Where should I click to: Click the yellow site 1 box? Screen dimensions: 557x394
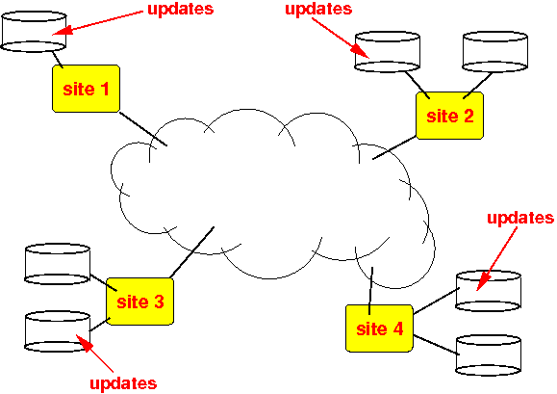(86, 89)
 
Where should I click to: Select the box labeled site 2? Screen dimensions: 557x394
(449, 116)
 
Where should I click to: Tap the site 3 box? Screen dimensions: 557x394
(139, 302)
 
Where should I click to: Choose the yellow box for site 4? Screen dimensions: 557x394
(379, 328)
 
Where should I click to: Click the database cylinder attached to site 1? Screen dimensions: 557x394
(34, 32)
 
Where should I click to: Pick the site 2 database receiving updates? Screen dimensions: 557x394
(388, 52)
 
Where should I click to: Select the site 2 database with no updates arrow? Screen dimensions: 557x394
(494, 52)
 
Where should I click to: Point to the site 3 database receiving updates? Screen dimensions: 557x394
(57, 331)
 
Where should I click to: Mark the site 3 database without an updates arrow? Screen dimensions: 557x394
(57, 264)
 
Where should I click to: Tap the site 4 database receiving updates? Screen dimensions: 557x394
(489, 291)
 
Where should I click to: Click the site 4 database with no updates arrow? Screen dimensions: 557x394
(489, 355)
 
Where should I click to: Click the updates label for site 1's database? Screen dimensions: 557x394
(181, 9)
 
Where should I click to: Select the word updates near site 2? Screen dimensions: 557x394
(318, 9)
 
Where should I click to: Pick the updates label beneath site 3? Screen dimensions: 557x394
(123, 383)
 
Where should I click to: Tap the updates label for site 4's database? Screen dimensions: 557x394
(520, 218)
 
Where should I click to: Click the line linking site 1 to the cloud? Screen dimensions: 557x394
(142, 129)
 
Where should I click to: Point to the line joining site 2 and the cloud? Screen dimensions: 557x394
(394, 147)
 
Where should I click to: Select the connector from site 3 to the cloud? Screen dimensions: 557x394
(191, 252)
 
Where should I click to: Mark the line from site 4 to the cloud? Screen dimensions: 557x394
(371, 291)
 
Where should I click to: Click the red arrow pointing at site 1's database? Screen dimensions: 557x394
(97, 23)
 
